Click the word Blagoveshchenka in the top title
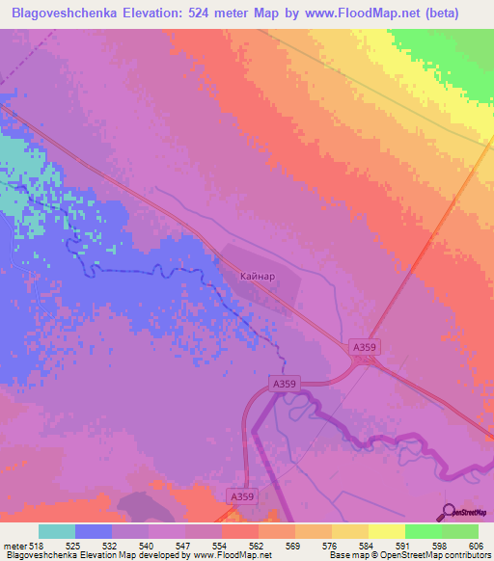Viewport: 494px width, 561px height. (60, 13)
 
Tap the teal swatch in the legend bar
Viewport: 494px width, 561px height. (57, 531)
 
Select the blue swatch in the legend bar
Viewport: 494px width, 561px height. (94, 531)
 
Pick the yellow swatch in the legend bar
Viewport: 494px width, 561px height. (386, 531)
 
